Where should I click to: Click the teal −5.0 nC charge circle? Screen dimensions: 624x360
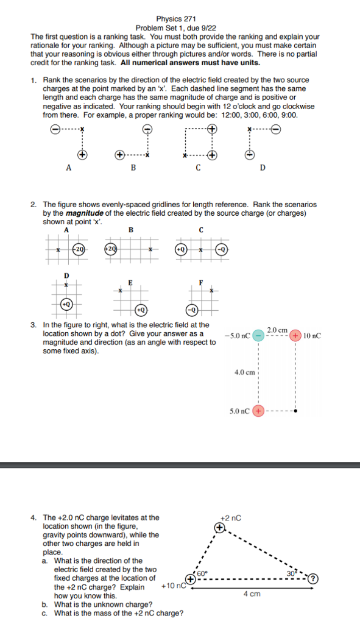tap(259, 335)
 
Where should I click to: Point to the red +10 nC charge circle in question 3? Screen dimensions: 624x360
tap(295, 335)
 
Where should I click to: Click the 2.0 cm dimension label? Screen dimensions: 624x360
tap(277, 329)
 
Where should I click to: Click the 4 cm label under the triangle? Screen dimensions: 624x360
tap(253, 593)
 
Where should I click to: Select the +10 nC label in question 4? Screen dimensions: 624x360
tap(172, 586)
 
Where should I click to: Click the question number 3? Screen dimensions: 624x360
tap(34, 325)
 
